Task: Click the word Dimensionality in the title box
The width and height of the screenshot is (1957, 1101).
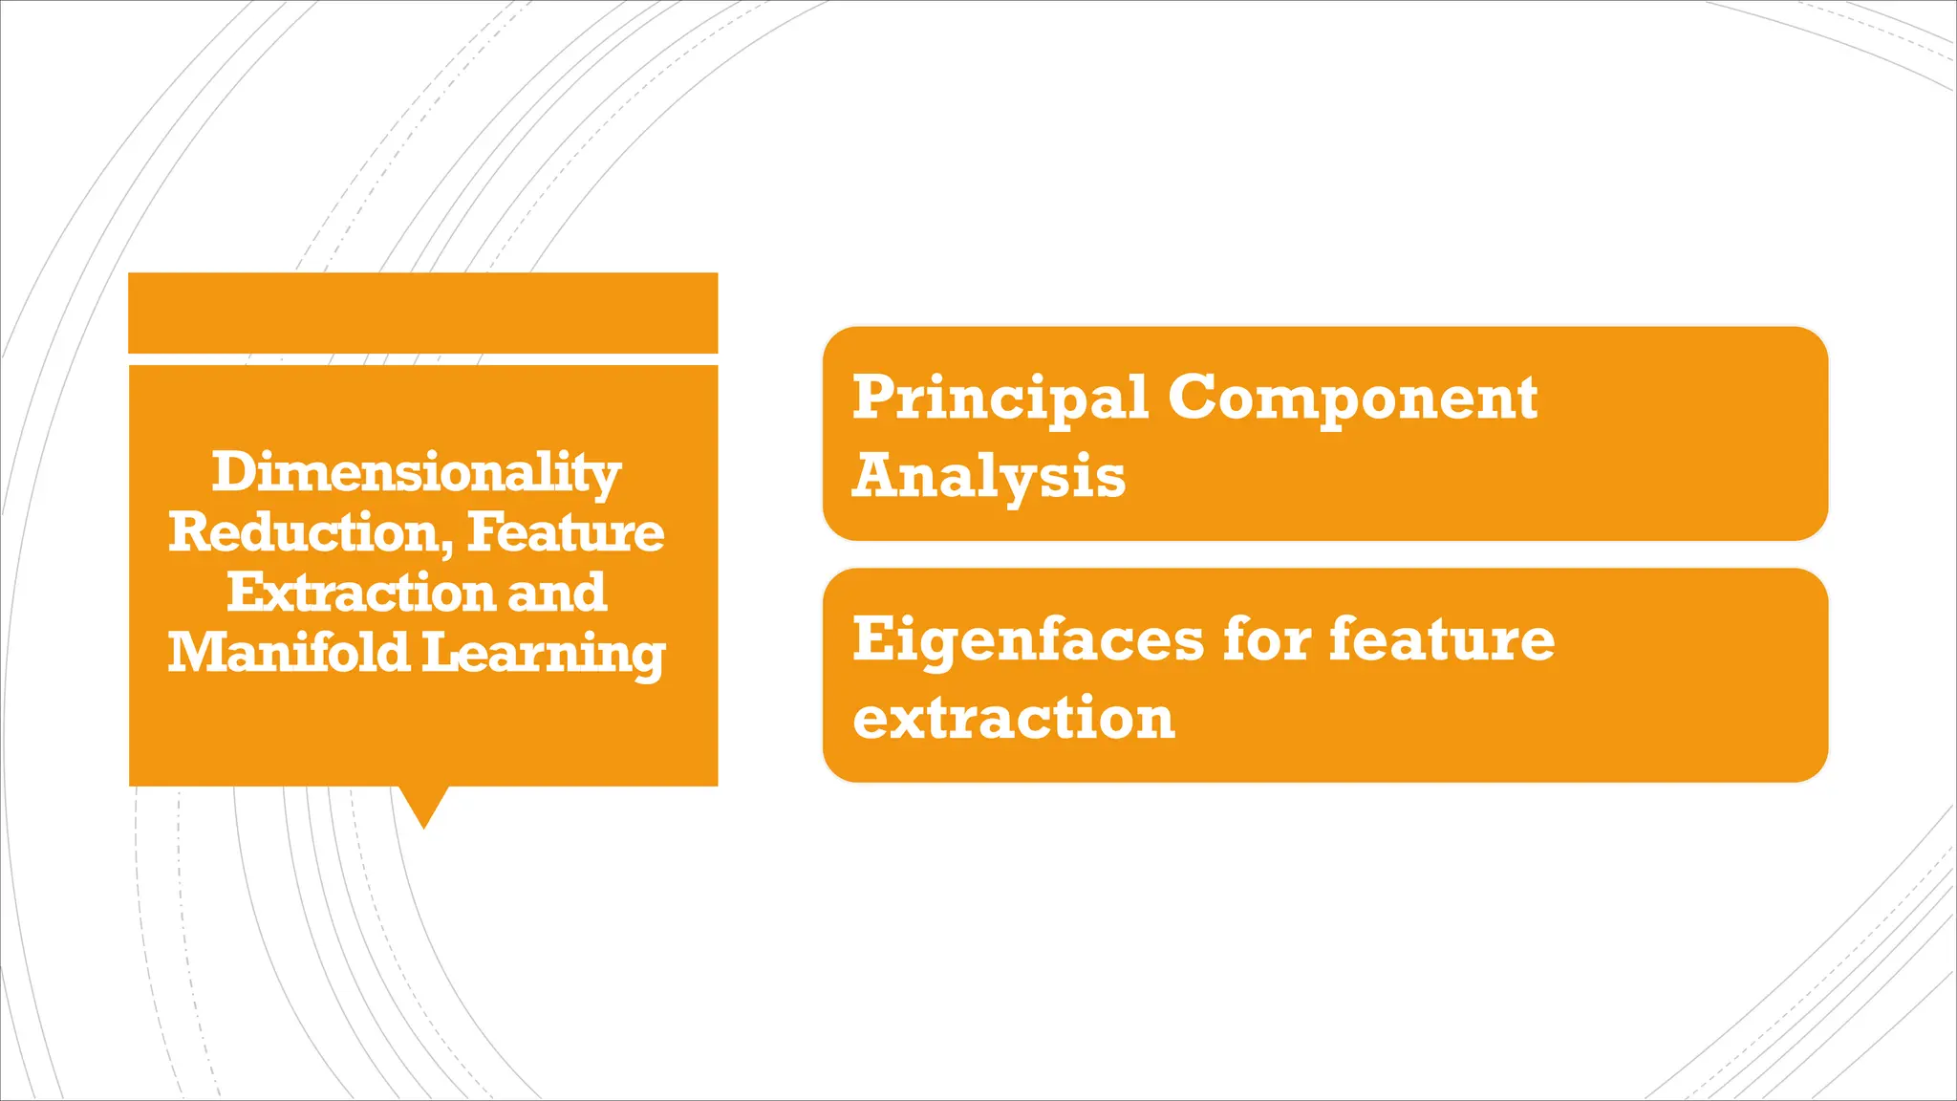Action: coord(417,473)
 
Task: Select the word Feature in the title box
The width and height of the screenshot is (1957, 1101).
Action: coord(566,533)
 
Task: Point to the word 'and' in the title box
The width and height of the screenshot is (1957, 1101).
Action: coord(557,593)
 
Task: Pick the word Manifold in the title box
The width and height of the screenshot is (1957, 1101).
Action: coord(288,653)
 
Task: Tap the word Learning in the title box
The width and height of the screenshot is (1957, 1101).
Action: coord(543,655)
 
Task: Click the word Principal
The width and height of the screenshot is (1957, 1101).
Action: coord(1000,398)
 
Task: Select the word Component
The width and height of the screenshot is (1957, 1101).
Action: coord(1352,398)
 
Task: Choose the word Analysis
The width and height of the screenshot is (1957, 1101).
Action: coord(989,476)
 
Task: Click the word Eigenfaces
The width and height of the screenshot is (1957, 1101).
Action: coord(1028,639)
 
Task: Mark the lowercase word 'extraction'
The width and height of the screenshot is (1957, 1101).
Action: coord(1014,719)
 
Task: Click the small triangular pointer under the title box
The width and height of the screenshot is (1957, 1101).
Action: coord(423,804)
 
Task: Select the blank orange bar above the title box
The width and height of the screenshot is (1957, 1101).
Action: coord(423,313)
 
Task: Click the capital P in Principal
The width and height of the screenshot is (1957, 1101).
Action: coord(871,397)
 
